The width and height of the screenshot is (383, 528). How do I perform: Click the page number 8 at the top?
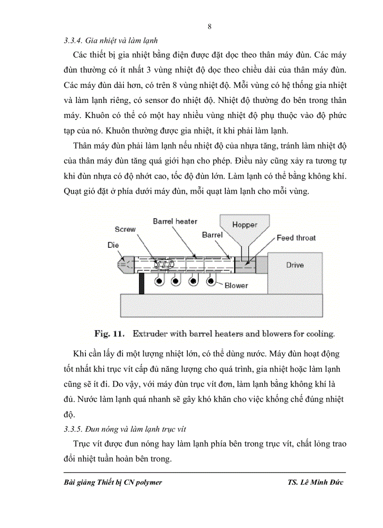[x=209, y=27]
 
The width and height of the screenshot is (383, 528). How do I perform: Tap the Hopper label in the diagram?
[x=245, y=225]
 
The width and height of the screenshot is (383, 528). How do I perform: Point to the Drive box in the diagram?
[x=295, y=265]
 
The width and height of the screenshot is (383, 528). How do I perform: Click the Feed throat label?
[x=296, y=238]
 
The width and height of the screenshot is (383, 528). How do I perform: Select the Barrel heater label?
[x=175, y=221]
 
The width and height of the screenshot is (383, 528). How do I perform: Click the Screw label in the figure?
[x=125, y=229]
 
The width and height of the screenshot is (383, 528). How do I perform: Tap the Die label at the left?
[x=113, y=245]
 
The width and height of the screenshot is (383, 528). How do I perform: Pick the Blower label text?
[x=236, y=285]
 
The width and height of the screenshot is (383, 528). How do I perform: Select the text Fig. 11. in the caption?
[x=109, y=334]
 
